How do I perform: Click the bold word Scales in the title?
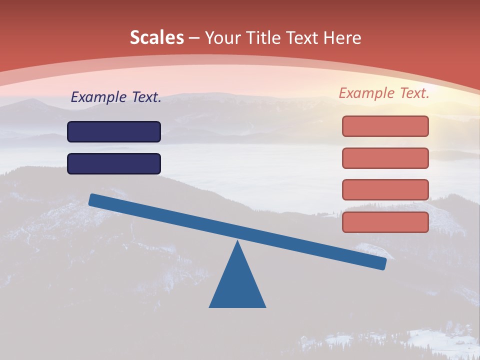pos(156,38)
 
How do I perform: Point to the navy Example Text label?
pos(116,97)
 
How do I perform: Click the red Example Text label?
pos(384,93)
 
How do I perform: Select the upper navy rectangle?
pos(114,132)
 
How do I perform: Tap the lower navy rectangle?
pos(114,164)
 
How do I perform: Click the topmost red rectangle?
pos(385,126)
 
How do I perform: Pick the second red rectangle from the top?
pos(385,158)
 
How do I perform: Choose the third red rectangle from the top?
pos(385,190)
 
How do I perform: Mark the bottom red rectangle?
pos(385,222)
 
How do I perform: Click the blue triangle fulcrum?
pos(237,285)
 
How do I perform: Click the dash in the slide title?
pos(194,38)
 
